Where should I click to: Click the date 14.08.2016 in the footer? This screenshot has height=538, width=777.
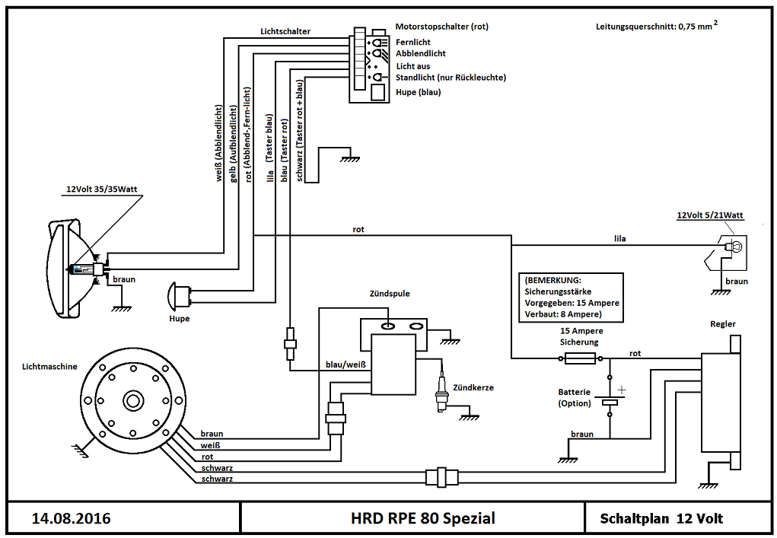[71, 519]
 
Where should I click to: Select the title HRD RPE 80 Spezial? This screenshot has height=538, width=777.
[422, 519]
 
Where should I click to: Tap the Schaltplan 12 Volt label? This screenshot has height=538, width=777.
[661, 519]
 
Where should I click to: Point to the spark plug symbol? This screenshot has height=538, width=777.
[440, 396]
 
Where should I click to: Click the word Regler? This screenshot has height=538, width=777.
[722, 324]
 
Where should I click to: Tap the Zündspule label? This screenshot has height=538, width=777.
[390, 293]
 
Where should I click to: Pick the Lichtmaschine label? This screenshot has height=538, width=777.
[49, 366]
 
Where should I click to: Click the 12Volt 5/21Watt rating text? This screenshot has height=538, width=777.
[709, 215]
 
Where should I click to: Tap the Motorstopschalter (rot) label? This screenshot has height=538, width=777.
[441, 27]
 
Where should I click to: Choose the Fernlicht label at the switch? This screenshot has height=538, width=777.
[414, 43]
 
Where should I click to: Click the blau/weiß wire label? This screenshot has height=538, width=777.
[346, 365]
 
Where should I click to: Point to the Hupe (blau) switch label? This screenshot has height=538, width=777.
[418, 92]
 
